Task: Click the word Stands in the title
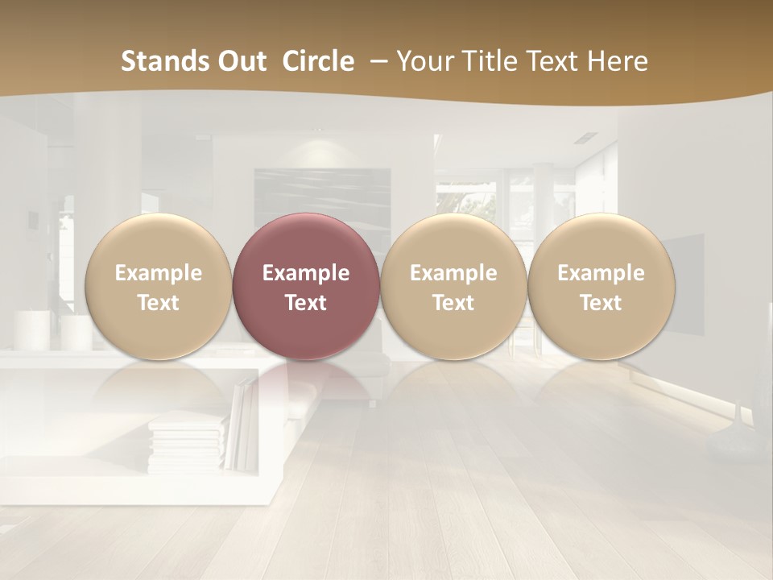pos(156,61)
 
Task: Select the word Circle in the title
pos(318,61)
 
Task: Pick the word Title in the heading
pos(491,61)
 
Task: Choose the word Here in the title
pos(618,61)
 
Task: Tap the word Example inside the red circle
pos(306,273)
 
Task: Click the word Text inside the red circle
pos(306,303)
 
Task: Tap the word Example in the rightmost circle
pos(601,273)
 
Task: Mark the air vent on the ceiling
pos(585,138)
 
